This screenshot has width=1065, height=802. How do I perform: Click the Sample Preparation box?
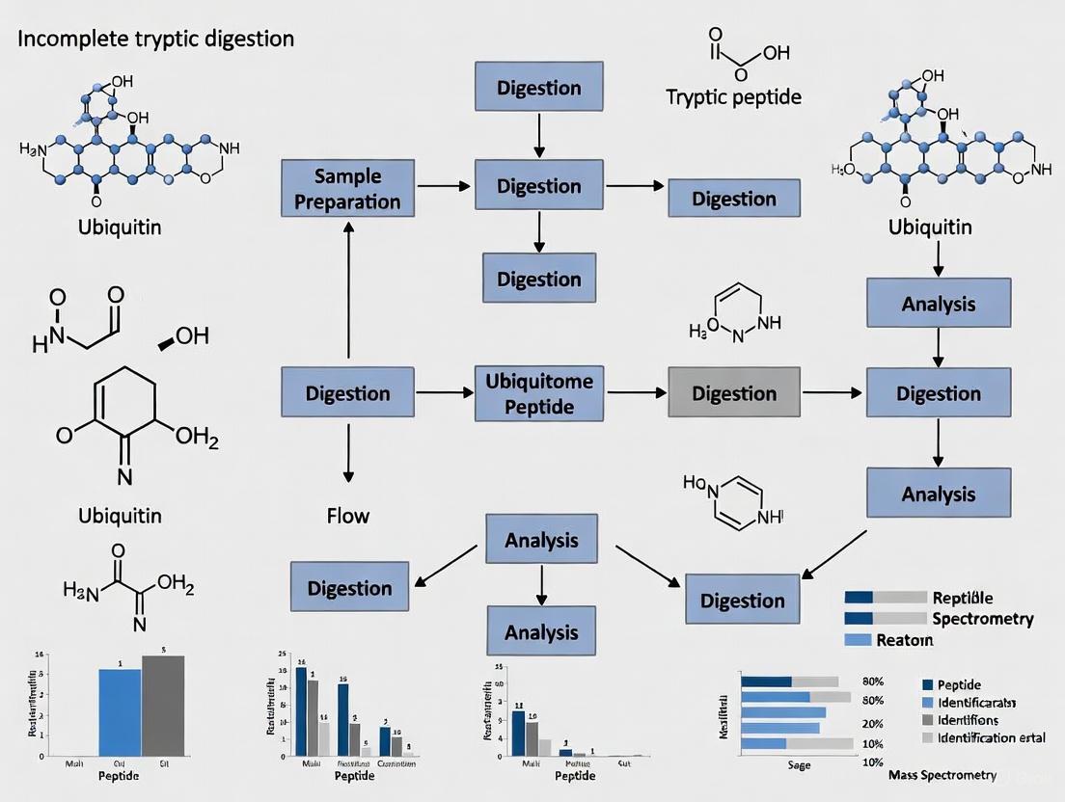(346, 189)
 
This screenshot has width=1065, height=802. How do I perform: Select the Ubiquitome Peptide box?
(539, 393)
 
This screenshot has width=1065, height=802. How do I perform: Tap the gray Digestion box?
(734, 393)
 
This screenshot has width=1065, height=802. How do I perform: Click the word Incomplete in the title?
(59, 40)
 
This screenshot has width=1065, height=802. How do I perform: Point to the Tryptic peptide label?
(733, 97)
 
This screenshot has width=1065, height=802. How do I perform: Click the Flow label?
(347, 516)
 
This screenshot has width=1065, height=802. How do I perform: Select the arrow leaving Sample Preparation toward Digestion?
(444, 185)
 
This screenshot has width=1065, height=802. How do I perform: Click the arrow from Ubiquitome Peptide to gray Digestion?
(636, 393)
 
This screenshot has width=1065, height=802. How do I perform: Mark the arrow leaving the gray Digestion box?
(833, 393)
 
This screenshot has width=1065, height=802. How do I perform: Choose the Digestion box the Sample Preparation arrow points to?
(539, 185)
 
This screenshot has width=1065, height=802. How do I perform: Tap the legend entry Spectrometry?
(982, 619)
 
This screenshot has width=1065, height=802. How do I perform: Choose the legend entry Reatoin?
(904, 640)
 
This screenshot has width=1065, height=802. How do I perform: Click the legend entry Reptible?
(962, 599)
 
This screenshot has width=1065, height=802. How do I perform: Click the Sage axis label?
(798, 764)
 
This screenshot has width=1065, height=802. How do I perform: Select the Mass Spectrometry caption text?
(954, 775)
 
